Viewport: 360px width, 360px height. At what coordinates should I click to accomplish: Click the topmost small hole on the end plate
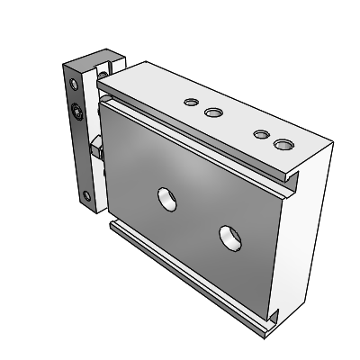coord(73,82)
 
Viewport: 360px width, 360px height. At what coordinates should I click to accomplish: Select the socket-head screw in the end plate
coord(76,112)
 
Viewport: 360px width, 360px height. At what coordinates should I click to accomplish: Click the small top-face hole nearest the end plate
coord(192,103)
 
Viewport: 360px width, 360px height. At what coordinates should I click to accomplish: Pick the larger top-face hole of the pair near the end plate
coord(213,112)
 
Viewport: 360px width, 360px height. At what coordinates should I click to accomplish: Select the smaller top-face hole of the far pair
coord(261,134)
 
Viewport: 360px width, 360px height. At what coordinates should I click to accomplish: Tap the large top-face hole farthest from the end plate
coord(284,143)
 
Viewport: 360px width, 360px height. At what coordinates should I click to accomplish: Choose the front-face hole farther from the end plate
coord(229,238)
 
